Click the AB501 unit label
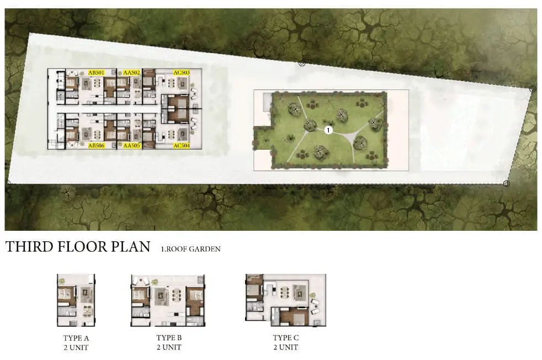tap(96, 73)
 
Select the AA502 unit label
tap(132, 73)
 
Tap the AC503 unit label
tap(182, 73)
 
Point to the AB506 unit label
tap(96, 146)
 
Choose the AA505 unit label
tap(132, 146)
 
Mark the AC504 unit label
tap(182, 146)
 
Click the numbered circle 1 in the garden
tap(328, 130)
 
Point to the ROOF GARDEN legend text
tap(190, 249)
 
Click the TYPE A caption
tap(76, 338)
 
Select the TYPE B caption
tap(169, 337)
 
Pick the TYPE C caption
tap(286, 337)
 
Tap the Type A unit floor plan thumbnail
tap(76, 300)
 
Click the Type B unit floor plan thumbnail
tap(168, 300)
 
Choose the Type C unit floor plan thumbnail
tap(285, 300)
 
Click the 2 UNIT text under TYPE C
tap(286, 347)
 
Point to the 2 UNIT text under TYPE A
tap(76, 347)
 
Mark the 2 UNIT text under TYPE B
tap(169, 347)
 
